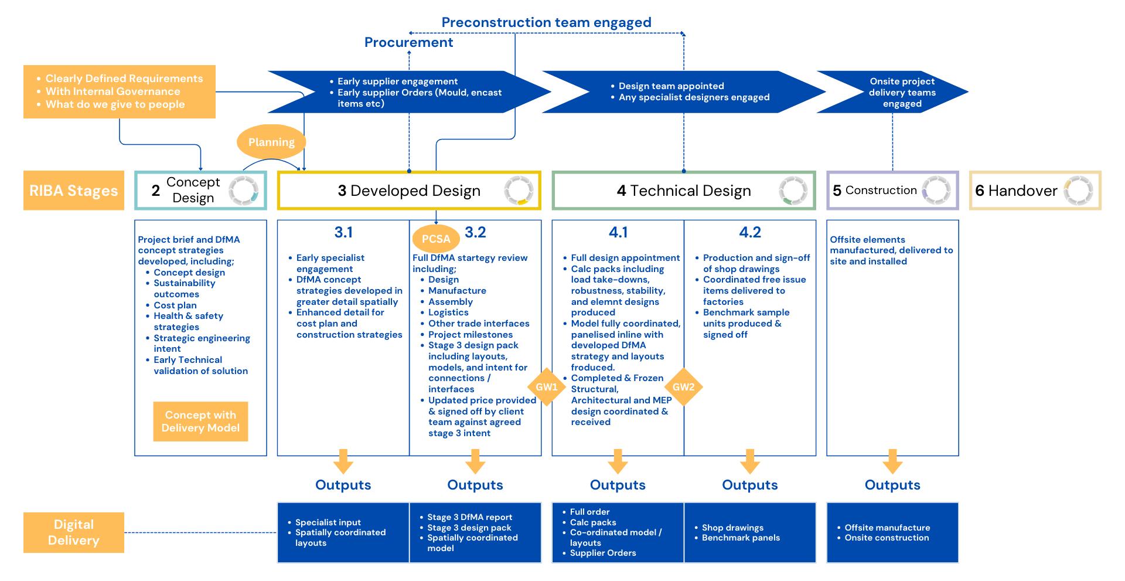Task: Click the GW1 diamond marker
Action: coord(547,387)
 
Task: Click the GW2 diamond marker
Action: coord(683,387)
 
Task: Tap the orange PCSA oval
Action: coord(436,239)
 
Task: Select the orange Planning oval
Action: coord(271,142)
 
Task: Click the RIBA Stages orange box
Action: coord(74,191)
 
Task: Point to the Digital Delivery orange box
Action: coord(74,532)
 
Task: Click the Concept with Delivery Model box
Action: coord(200,422)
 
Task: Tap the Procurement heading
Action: coord(409,42)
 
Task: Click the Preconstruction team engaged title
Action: coord(546,22)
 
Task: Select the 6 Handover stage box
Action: coord(1035,191)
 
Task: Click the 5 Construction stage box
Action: coord(892,191)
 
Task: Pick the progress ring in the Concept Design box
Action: coord(243,191)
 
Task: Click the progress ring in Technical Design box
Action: coord(793,191)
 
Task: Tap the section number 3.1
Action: coord(343,233)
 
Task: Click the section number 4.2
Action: coord(750,233)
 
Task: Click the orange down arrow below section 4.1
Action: coord(618,461)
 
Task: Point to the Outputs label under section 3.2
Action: coord(475,485)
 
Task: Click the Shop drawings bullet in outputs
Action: coord(732,528)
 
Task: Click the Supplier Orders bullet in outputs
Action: coord(602,553)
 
